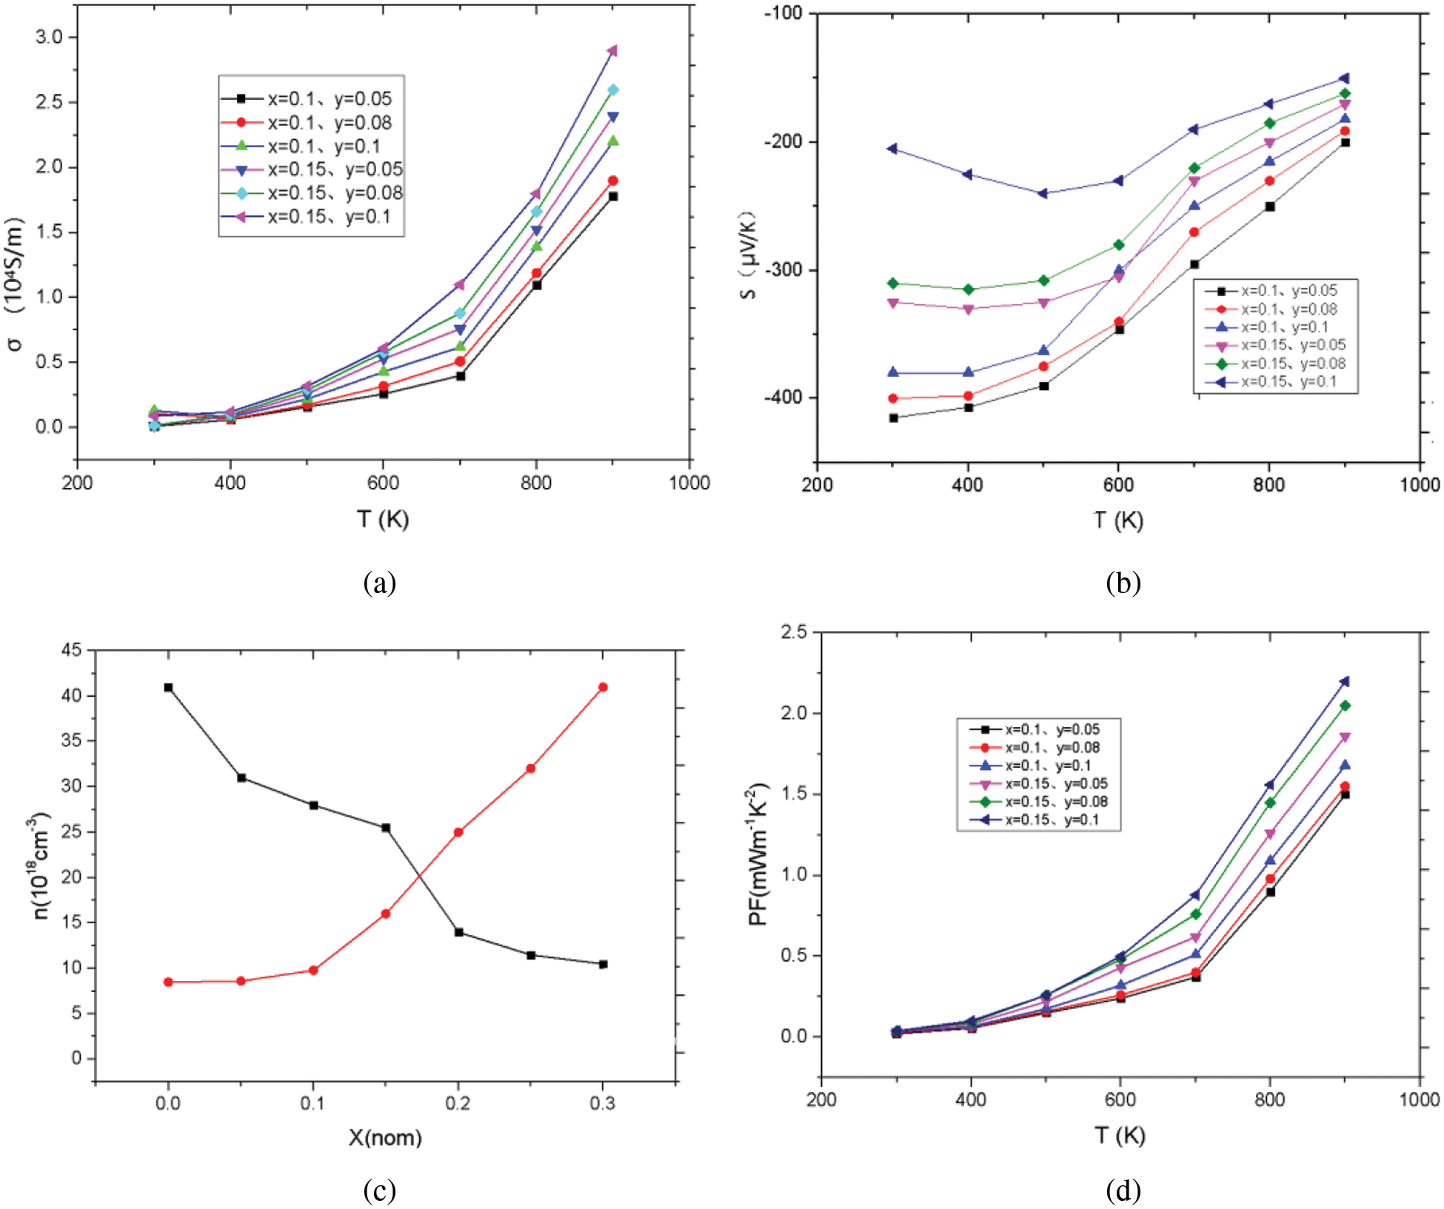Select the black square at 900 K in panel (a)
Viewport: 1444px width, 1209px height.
613,197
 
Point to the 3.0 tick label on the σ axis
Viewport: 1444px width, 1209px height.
50,37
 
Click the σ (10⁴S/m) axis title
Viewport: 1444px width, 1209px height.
16,284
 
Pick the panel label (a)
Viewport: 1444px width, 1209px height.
380,583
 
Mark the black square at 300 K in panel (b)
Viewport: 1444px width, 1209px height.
893,418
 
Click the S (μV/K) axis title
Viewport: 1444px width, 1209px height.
748,255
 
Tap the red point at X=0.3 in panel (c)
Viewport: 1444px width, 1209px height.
603,687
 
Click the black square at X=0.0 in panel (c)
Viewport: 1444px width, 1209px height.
168,688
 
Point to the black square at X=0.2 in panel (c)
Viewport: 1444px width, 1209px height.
458,933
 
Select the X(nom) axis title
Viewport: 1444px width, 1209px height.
385,1137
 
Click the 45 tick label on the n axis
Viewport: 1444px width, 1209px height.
72,651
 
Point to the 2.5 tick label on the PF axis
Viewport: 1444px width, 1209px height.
795,632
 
